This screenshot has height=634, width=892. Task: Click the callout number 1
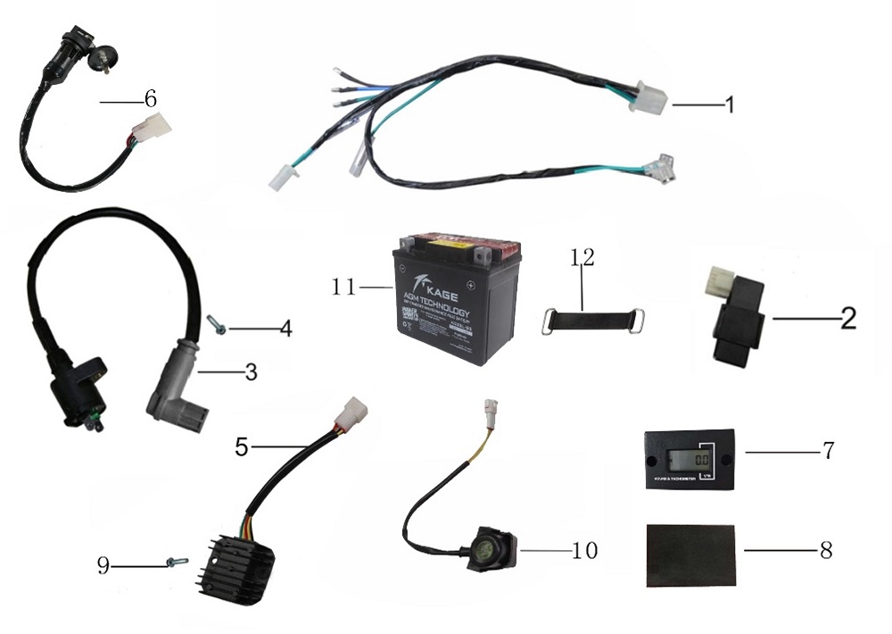[x=730, y=105]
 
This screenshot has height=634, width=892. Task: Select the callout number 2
[x=847, y=318]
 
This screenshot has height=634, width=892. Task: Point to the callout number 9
[x=103, y=566]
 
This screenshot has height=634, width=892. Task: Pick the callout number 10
[x=584, y=551]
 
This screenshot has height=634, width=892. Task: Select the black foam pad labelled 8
[x=690, y=554]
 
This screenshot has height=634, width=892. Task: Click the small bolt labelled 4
[x=216, y=324]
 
